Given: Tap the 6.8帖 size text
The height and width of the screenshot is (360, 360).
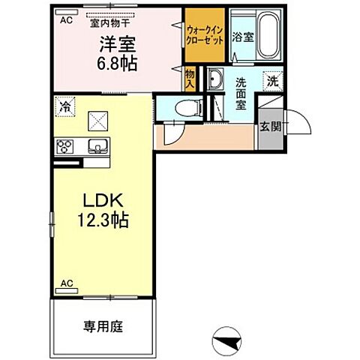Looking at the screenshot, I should tap(117, 64).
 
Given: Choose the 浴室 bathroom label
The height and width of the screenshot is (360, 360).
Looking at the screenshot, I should tap(242, 36).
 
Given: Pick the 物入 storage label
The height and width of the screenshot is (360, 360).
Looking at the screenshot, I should tap(190, 79).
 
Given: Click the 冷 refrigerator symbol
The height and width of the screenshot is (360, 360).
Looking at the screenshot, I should tap(65, 106).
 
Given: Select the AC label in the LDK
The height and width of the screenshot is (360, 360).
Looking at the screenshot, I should tap(67, 283).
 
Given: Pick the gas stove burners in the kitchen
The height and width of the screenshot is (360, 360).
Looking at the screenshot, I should tap(64, 145).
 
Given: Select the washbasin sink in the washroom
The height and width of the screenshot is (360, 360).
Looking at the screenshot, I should tap(214, 80).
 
